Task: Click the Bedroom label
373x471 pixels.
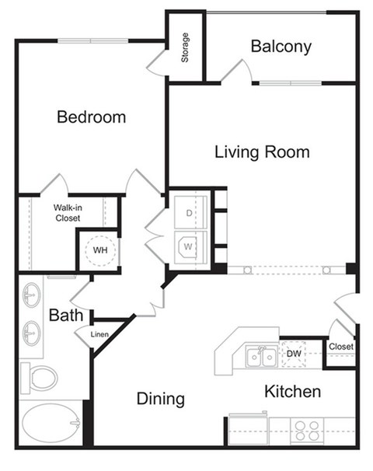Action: coord(91,117)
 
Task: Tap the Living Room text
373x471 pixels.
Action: coord(262,152)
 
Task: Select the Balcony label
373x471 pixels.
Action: coord(281,47)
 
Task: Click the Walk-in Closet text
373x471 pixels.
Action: coord(68,213)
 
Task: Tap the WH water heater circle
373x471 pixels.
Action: coord(100,250)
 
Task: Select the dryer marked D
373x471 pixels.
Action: coord(189,212)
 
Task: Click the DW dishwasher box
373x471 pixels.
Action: coord(295,354)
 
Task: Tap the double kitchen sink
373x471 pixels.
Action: coord(260,357)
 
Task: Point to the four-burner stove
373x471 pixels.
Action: coord(307,430)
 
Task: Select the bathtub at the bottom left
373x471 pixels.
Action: coord(50,424)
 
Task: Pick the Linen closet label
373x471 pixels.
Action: coord(99,335)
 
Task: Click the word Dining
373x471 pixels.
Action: coord(161,399)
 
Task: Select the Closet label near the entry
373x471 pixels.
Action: coord(340,347)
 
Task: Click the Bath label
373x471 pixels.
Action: coord(64,316)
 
